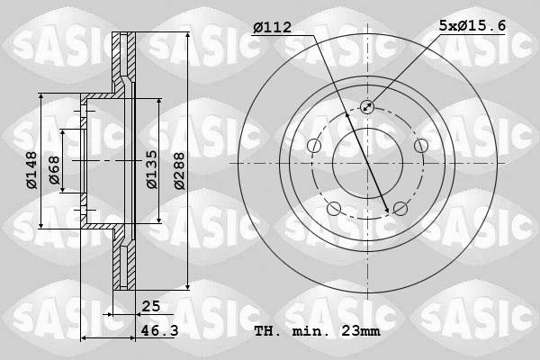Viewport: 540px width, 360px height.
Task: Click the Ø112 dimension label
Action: point(272,27)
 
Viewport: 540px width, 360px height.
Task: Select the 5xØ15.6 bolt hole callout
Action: point(472,27)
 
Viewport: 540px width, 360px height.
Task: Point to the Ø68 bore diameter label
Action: point(53,172)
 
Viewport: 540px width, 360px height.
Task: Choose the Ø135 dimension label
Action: point(151,169)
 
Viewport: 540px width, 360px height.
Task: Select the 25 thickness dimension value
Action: point(150,307)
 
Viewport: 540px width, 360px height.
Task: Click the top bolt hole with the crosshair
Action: point(367,107)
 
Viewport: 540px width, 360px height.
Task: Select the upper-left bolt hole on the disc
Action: point(314,146)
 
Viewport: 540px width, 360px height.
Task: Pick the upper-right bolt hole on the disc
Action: point(420,146)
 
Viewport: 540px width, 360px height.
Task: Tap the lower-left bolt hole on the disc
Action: point(334,209)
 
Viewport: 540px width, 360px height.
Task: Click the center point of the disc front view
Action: point(367,163)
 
